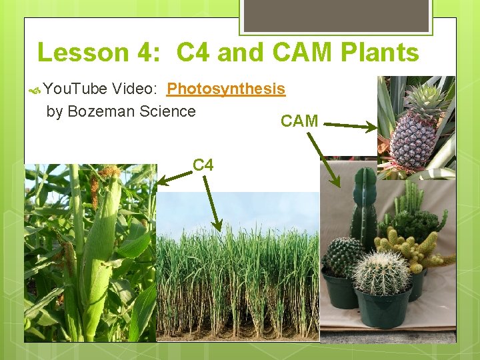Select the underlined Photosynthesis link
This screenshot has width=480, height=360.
(x=226, y=89)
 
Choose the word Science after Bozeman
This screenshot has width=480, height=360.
(x=168, y=111)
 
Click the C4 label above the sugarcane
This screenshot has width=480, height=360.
(x=203, y=164)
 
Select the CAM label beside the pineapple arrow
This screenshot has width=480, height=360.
(x=299, y=121)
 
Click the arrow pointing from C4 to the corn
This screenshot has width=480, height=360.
(x=173, y=176)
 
